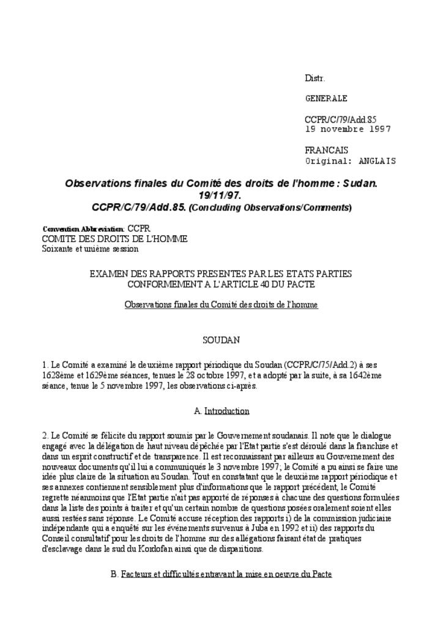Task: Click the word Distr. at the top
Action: click(315, 78)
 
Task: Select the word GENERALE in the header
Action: click(326, 98)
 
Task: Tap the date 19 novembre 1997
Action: click(348, 129)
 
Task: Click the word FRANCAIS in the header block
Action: click(326, 150)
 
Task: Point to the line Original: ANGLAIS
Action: click(350, 161)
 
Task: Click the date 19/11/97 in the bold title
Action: click(220, 195)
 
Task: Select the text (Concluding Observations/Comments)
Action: click(270, 208)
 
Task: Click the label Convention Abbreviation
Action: click(83, 229)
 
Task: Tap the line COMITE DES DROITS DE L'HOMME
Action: click(114, 239)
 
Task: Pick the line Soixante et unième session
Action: click(90, 249)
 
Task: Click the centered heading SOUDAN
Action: click(221, 339)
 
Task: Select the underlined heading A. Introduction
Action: click(221, 411)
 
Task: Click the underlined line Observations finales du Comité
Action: click(221, 304)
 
